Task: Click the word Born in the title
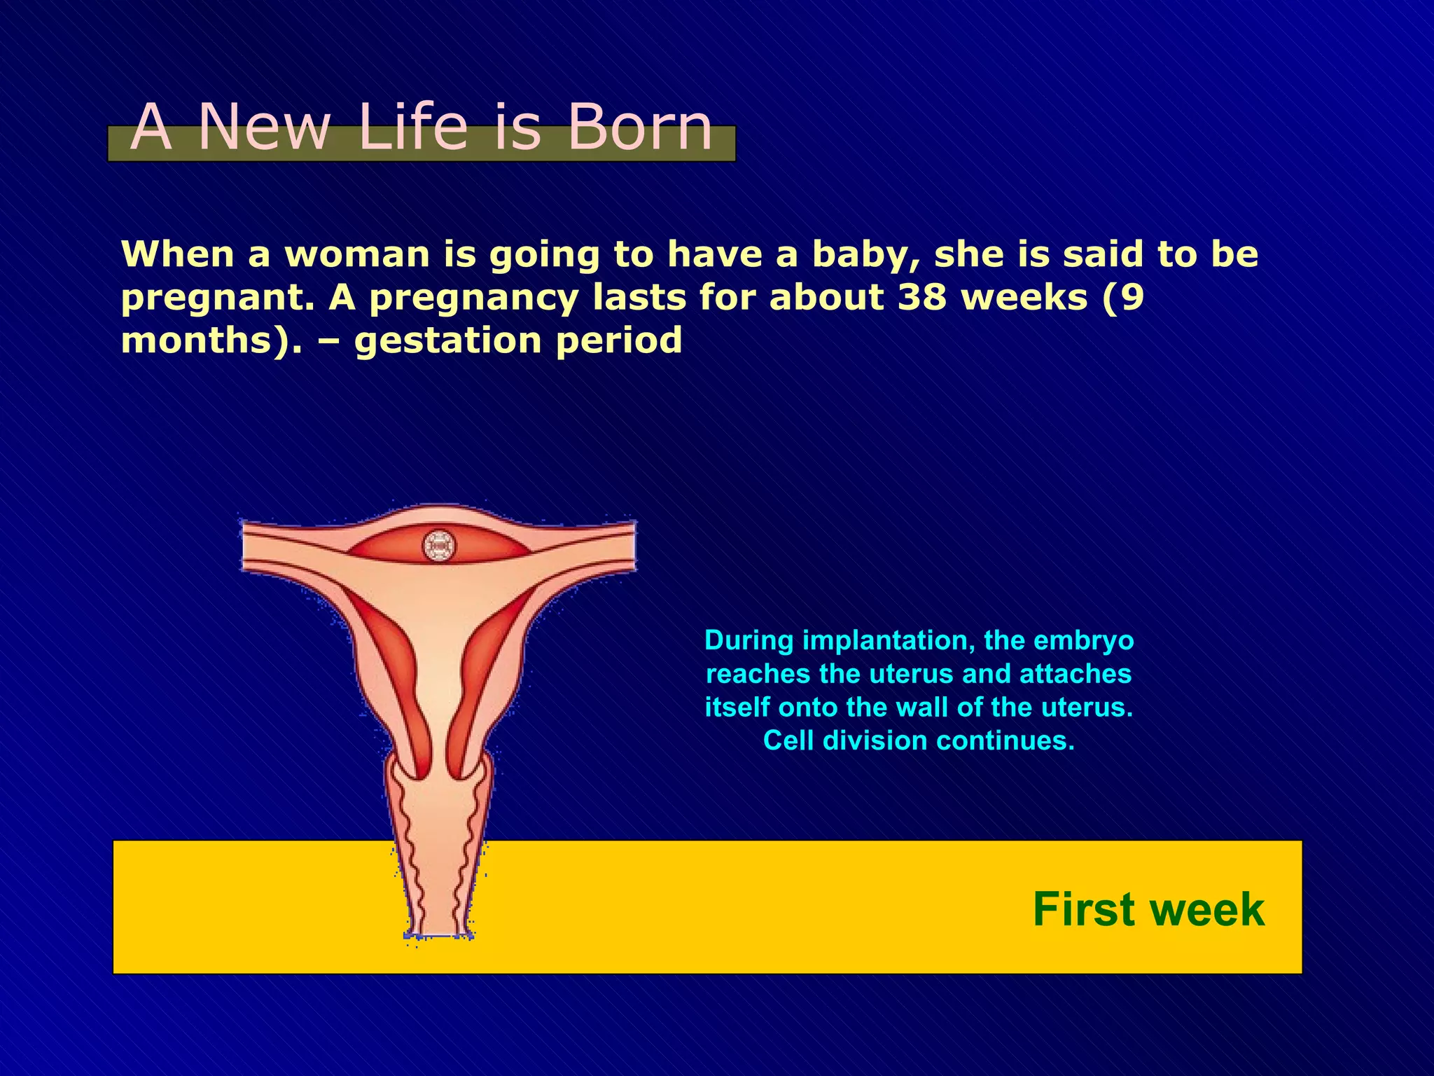pyautogui.click(x=639, y=127)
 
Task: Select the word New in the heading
pyautogui.click(x=264, y=127)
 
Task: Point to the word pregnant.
pyautogui.click(x=217, y=298)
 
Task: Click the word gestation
pyautogui.click(x=448, y=341)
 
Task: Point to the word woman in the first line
pyautogui.click(x=357, y=254)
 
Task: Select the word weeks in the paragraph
pyautogui.click(x=1024, y=297)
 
